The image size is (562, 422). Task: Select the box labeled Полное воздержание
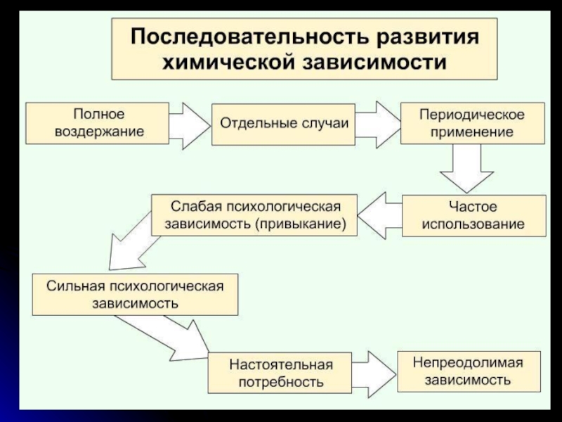click(x=98, y=122)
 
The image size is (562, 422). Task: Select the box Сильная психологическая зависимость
click(x=135, y=295)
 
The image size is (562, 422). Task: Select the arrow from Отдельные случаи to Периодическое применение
click(x=377, y=122)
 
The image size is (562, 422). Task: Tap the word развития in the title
click(x=421, y=36)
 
